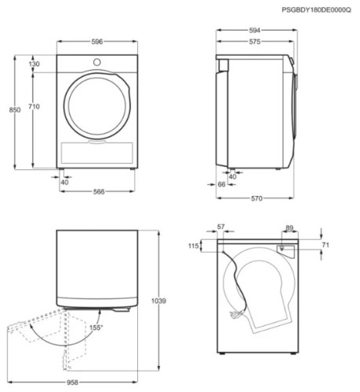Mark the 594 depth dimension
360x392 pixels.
(x=255, y=32)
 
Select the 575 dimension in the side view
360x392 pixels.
(x=254, y=43)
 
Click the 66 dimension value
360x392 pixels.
(x=221, y=184)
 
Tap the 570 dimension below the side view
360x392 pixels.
(x=256, y=198)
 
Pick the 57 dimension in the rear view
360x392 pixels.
(x=220, y=227)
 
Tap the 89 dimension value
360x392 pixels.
(x=289, y=227)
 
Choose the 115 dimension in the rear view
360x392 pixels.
(x=193, y=247)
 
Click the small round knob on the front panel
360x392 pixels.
(x=97, y=62)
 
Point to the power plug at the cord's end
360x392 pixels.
(x=235, y=315)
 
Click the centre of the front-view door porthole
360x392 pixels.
(x=97, y=107)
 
